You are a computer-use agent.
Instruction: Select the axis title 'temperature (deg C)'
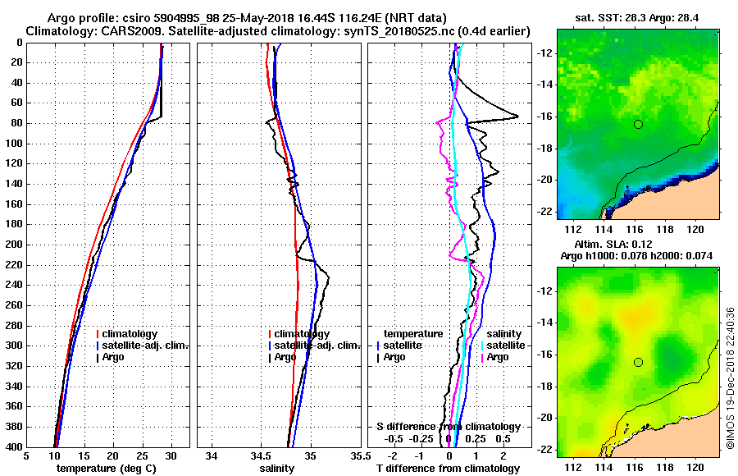tap(107, 469)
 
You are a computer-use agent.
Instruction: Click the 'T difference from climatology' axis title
tap(448, 469)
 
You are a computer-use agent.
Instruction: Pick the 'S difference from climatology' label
tap(448, 427)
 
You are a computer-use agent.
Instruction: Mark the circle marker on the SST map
tap(638, 124)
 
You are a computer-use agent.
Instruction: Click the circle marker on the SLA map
tap(638, 362)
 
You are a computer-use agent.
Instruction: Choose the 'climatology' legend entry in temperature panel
tap(135, 334)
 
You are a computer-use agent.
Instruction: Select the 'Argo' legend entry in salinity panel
tap(286, 357)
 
